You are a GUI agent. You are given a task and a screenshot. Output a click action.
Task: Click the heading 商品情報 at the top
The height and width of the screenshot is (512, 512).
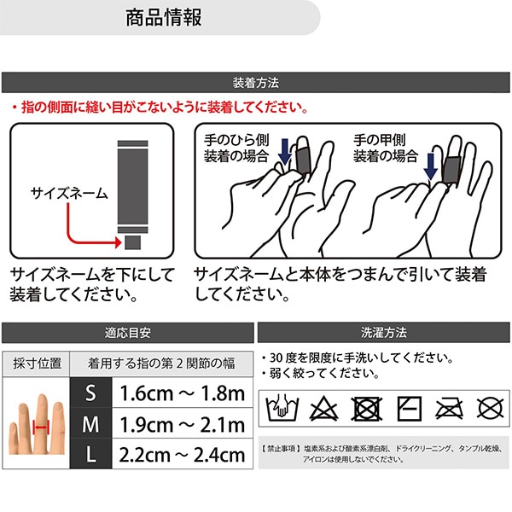point(164,17)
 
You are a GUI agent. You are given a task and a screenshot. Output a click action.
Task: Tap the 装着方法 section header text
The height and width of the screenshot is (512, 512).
point(256,83)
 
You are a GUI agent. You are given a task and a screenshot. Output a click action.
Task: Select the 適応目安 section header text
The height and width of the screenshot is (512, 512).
point(128,333)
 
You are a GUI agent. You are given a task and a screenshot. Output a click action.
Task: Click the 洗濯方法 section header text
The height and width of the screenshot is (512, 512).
point(384,333)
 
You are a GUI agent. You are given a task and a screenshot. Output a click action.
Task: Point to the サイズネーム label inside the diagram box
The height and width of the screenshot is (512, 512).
point(69,194)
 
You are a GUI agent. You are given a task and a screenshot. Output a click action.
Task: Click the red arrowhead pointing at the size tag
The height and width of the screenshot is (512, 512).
point(118,242)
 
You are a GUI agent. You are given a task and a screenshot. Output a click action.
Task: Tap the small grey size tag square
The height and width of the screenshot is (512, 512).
point(133,242)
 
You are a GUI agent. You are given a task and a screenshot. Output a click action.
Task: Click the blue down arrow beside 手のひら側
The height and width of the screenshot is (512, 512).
point(285,152)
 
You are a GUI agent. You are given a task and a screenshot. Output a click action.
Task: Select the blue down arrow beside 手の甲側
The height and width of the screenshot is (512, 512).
point(431,166)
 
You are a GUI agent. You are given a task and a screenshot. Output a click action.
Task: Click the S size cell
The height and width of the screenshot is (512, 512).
point(91,393)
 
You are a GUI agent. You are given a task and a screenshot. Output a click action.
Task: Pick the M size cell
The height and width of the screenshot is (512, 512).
point(91,423)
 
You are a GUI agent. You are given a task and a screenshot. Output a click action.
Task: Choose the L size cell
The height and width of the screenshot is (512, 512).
point(91,454)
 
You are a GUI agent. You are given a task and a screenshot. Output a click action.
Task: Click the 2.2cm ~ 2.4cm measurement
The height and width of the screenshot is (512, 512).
point(183,455)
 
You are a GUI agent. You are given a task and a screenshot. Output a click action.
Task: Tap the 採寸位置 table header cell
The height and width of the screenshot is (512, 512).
point(37,364)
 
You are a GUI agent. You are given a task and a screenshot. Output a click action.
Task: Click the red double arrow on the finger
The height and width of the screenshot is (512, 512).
point(41,428)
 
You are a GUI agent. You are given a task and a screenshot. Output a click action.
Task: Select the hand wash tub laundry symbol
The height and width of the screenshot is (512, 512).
point(282,408)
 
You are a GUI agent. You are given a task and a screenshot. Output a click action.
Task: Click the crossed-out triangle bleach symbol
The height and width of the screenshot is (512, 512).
point(323,408)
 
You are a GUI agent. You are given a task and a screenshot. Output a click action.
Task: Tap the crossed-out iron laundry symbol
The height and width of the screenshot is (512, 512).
point(450,409)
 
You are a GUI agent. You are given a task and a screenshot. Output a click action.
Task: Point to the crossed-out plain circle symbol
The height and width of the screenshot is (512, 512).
point(490,408)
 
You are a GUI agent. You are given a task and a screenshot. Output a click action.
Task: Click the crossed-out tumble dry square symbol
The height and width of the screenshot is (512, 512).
point(366,409)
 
